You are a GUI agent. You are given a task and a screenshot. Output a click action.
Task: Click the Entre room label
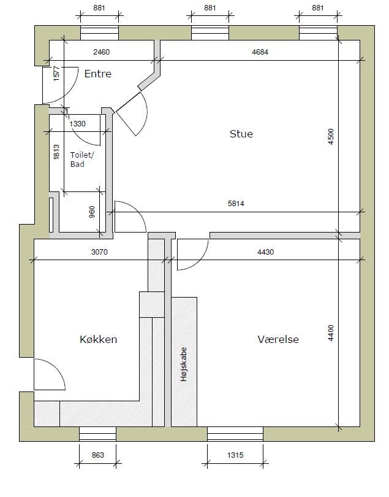coord(98,74)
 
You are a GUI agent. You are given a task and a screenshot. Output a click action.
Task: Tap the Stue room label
coord(241,134)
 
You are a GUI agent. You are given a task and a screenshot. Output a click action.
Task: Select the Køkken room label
coord(99,339)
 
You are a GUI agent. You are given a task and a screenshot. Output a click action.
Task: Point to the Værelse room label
coord(278,339)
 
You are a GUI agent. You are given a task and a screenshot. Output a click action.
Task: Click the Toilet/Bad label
coord(82,160)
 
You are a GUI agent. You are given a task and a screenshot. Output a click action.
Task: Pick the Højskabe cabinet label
coord(184,364)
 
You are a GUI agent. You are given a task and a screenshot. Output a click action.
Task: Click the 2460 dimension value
coord(101,52)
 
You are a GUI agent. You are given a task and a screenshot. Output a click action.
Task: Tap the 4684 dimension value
coord(260,52)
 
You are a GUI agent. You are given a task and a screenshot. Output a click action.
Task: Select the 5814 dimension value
coord(236,204)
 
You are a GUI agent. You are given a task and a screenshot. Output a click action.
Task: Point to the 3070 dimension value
coord(99,252)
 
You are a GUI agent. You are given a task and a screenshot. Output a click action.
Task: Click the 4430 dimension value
coord(265,252)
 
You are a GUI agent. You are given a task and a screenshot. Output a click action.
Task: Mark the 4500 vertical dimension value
coord(331,137)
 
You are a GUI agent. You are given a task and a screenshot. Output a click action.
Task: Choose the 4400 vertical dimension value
coord(331,333)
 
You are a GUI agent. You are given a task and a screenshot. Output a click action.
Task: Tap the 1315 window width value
coord(235,455)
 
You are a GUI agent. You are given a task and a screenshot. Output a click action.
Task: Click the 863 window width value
coord(98,455)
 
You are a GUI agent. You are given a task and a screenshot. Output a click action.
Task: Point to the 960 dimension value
coord(92,212)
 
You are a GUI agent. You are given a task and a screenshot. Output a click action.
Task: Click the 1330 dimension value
coord(78,124)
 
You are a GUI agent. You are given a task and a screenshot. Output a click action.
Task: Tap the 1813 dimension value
coord(56,152)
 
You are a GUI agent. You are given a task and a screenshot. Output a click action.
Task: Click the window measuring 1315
coord(235,434)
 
